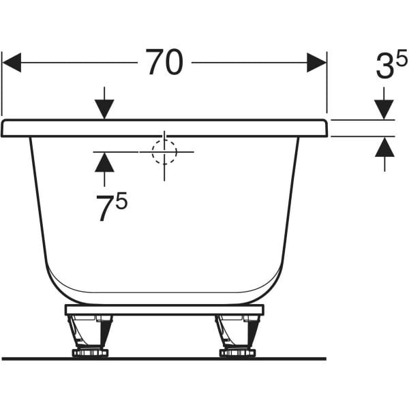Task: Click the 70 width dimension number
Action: [x=164, y=62]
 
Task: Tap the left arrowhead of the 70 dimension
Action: [x=12, y=63]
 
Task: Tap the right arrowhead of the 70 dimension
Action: [x=317, y=63]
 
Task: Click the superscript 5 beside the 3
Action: [x=402, y=58]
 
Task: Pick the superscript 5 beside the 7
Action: [x=121, y=200]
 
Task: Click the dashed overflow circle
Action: [x=164, y=151]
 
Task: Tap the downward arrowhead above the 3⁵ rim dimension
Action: [x=384, y=110]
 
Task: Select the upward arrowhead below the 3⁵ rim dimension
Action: [x=384, y=147]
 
